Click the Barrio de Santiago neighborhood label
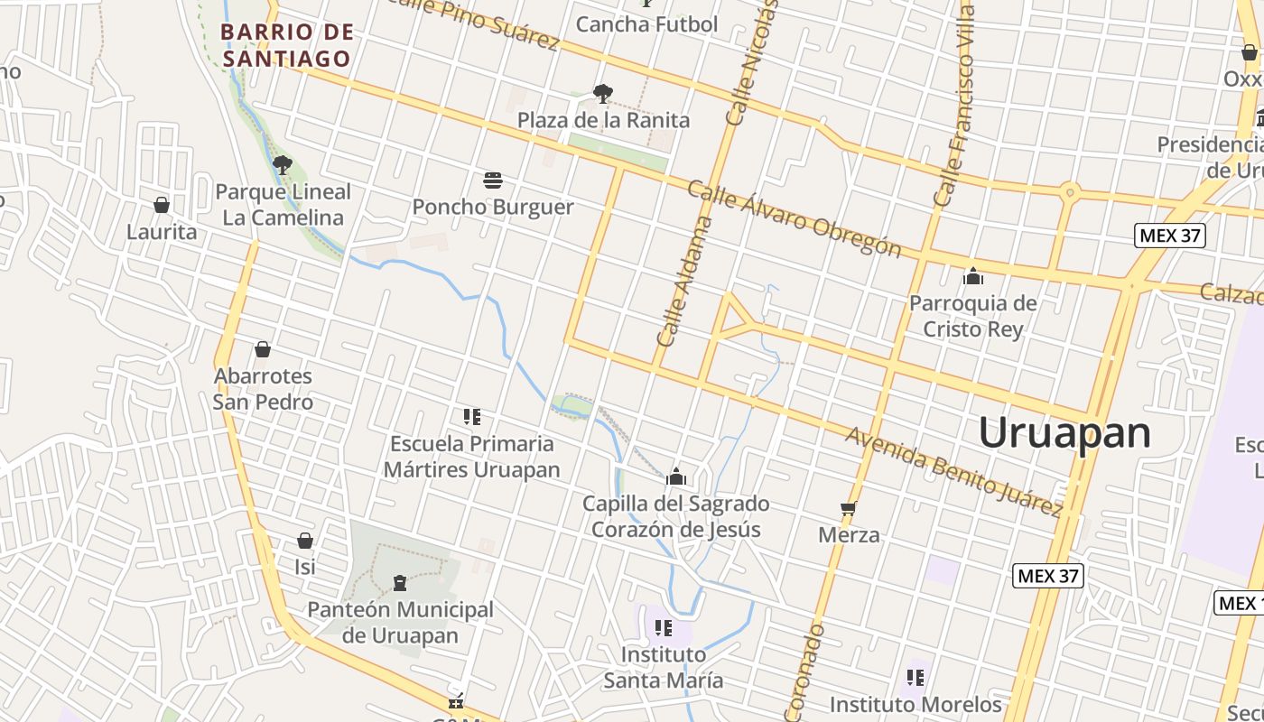tap(286, 45)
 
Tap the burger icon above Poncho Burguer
tap(493, 180)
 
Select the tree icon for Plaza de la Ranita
tap(603, 93)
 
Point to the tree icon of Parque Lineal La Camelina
tap(283, 164)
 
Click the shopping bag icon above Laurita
tap(162, 205)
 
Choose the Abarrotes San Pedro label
tap(263, 389)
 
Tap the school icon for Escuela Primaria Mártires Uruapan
tap(471, 417)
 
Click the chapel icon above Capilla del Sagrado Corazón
tap(676, 477)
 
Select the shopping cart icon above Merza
tap(849, 509)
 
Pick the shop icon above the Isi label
tap(305, 541)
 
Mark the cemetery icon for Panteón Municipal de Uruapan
tap(400, 584)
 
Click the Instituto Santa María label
tap(664, 667)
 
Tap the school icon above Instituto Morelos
tap(915, 677)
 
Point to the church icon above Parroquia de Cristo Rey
tap(973, 276)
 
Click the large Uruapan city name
tap(1064, 432)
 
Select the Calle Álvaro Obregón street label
tap(794, 219)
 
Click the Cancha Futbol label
tap(646, 24)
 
